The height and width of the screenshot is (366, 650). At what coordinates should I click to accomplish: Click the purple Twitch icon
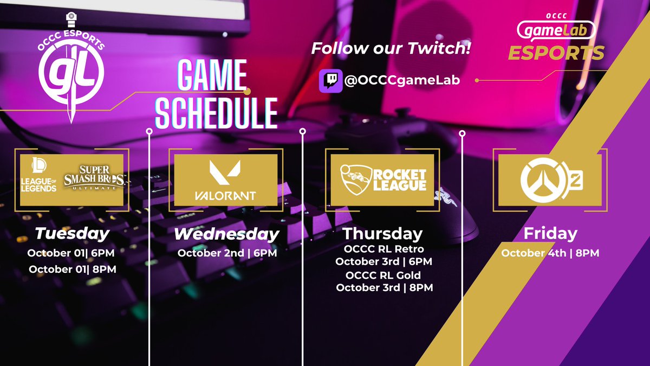pyautogui.click(x=330, y=80)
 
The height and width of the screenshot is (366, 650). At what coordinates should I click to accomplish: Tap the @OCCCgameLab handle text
pyautogui.click(x=401, y=80)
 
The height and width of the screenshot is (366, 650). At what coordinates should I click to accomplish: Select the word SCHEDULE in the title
pyautogui.click(x=216, y=112)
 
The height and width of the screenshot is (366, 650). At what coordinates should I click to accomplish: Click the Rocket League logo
pyautogui.click(x=383, y=180)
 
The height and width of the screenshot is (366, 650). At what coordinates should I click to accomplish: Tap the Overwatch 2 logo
pyautogui.click(x=551, y=181)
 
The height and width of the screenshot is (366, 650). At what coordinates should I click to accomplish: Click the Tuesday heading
pyautogui.click(x=71, y=234)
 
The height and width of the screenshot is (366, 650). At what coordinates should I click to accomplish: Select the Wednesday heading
pyautogui.click(x=226, y=235)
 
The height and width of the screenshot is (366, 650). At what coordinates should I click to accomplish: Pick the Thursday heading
pyautogui.click(x=382, y=234)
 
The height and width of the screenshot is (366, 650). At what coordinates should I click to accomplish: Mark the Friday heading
pyautogui.click(x=550, y=234)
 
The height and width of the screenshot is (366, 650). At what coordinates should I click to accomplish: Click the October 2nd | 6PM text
pyautogui.click(x=227, y=253)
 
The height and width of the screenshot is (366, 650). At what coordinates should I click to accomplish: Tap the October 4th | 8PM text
pyautogui.click(x=550, y=253)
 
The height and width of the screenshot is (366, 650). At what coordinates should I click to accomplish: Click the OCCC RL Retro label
pyautogui.click(x=384, y=249)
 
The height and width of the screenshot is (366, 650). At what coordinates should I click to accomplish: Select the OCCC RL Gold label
pyautogui.click(x=384, y=275)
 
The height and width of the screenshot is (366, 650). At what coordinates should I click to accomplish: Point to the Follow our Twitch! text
pyautogui.click(x=391, y=48)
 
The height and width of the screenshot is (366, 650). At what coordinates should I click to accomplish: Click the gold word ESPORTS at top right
pyautogui.click(x=556, y=53)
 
